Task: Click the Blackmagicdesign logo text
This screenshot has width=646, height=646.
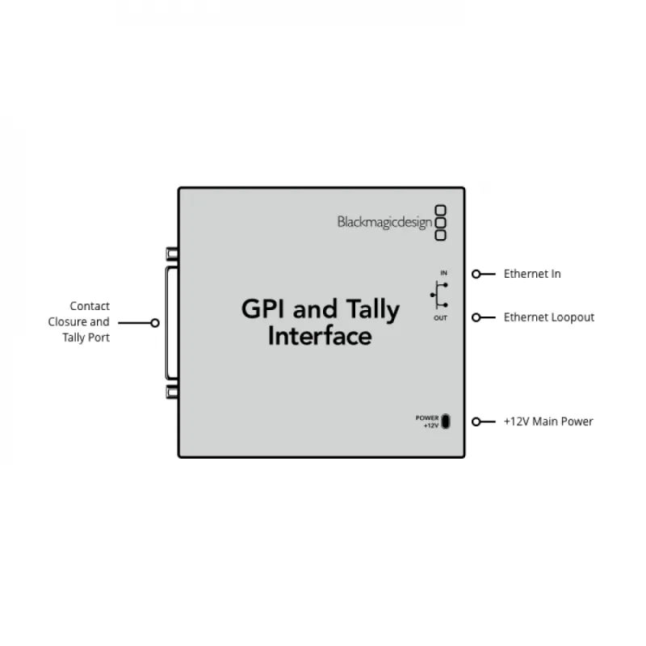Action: point(384,222)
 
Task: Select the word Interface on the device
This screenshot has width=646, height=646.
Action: point(320,336)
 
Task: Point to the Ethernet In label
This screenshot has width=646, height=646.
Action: point(532,274)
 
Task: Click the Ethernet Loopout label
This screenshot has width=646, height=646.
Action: point(549,317)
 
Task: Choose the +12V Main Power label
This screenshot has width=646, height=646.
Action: point(548,422)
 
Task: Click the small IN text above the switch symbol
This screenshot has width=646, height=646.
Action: point(444,273)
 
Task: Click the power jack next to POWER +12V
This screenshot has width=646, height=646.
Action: point(447,422)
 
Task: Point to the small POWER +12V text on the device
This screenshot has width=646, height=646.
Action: point(427,422)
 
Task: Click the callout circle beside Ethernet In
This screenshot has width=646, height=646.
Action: point(477,274)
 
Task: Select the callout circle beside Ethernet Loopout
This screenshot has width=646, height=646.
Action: point(477,317)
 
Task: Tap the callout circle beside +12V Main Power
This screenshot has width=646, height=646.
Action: point(477,422)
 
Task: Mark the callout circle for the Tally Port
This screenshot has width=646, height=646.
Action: point(154,322)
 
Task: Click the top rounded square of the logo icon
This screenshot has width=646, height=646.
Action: point(441,209)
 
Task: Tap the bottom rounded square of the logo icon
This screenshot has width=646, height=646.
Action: point(441,235)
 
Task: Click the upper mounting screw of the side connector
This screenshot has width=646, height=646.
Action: point(172,254)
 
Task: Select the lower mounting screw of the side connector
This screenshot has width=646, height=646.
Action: point(172,392)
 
